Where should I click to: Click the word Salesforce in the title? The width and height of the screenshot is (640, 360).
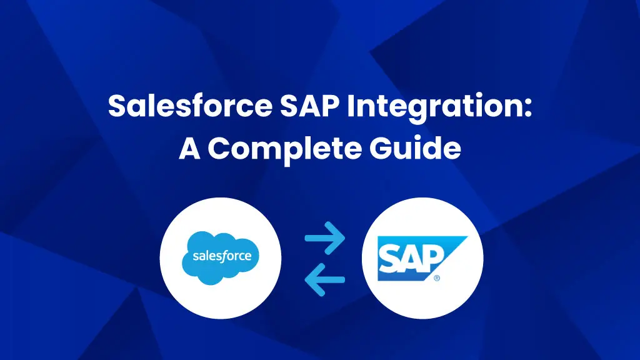pyautogui.click(x=190, y=106)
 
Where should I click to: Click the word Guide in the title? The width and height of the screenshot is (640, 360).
pyautogui.click(x=415, y=147)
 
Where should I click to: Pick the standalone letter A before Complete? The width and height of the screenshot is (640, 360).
pyautogui.click(x=190, y=148)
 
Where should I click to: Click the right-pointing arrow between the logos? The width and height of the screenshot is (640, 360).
pyautogui.click(x=325, y=238)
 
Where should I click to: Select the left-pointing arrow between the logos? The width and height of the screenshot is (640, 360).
pyautogui.click(x=325, y=279)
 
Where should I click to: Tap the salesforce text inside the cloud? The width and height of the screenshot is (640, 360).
pyautogui.click(x=222, y=256)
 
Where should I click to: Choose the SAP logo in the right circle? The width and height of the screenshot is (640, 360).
pyautogui.click(x=422, y=258)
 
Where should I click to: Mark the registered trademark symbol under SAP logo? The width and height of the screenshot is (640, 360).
pyautogui.click(x=437, y=278)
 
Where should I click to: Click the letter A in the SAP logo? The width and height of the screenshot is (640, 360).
pyautogui.click(x=411, y=259)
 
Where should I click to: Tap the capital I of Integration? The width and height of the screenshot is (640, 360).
pyautogui.click(x=351, y=106)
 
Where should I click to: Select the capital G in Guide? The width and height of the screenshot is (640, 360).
pyautogui.click(x=381, y=148)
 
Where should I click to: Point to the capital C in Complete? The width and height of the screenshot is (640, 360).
pyautogui.click(x=219, y=148)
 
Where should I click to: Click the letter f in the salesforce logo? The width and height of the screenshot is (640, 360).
pyautogui.click(x=225, y=256)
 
